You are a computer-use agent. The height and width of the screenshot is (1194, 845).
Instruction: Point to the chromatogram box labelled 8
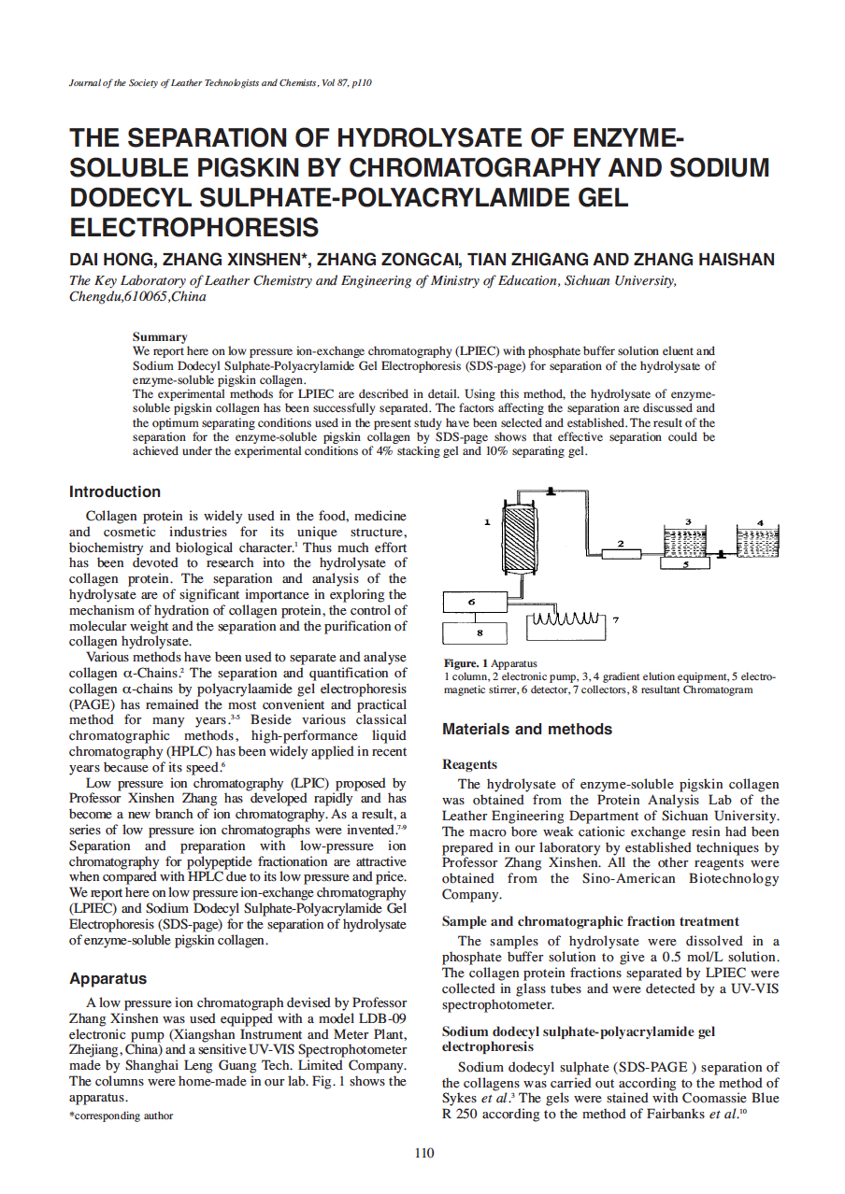[479, 633]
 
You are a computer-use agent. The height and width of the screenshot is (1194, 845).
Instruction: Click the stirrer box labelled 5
[685, 563]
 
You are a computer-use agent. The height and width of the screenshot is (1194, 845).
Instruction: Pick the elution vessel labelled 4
[757, 540]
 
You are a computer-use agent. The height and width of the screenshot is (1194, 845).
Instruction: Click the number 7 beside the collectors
[616, 619]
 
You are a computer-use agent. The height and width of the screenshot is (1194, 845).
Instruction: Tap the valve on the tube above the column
[552, 490]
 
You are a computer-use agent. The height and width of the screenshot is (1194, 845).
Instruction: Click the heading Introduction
[115, 492]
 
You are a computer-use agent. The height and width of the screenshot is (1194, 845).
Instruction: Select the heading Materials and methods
[527, 730]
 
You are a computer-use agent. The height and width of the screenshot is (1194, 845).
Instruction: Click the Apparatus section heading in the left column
[107, 979]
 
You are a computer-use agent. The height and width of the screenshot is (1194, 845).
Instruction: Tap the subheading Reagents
[469, 764]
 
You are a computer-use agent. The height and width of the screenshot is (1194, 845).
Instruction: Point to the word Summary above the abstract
[160, 336]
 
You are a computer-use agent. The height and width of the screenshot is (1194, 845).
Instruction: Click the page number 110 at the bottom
[423, 1153]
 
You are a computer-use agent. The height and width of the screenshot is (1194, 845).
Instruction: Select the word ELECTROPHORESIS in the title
[194, 227]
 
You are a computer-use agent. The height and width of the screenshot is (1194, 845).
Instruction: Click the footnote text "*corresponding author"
[122, 1116]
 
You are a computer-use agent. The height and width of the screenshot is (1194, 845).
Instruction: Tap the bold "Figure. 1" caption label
[465, 663]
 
